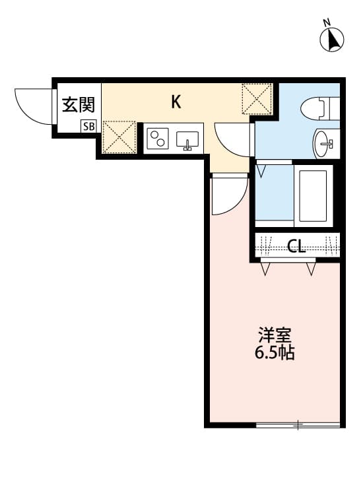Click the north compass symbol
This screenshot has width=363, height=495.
pyautogui.click(x=333, y=39)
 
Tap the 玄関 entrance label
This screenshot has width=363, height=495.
pyautogui.click(x=79, y=105)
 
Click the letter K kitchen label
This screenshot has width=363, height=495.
pyautogui.click(x=176, y=102)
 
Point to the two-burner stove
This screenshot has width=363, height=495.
pyautogui.click(x=158, y=139)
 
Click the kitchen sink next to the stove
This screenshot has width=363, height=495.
pyautogui.click(x=188, y=140)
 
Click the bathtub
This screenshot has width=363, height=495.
pyautogui.click(x=313, y=196)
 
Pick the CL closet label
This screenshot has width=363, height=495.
pyautogui.click(x=297, y=247)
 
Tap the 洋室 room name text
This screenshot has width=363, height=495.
pyautogui.click(x=275, y=335)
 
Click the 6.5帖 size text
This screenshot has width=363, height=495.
pyautogui.click(x=275, y=353)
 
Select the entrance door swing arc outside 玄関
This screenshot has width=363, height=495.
pyautogui.click(x=32, y=106)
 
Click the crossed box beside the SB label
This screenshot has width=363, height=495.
pyautogui.click(x=119, y=137)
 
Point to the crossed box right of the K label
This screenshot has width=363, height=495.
pyautogui.click(x=257, y=98)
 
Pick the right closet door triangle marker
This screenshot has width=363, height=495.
pyautogui.click(x=310, y=269)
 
